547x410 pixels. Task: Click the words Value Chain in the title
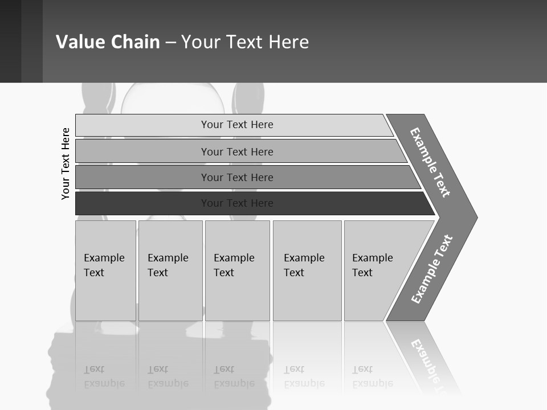pyautogui.click(x=108, y=42)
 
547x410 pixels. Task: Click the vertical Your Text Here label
pyautogui.click(x=66, y=164)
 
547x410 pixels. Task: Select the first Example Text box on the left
pyautogui.click(x=105, y=270)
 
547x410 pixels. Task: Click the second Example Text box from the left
pyautogui.click(x=170, y=270)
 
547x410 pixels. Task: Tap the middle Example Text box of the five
pyautogui.click(x=237, y=270)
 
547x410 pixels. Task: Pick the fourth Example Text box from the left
pyautogui.click(x=307, y=270)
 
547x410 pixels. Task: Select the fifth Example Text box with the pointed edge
pyautogui.click(x=376, y=270)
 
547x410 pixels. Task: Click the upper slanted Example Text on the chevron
pyautogui.click(x=430, y=162)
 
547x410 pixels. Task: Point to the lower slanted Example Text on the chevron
pyautogui.click(x=432, y=269)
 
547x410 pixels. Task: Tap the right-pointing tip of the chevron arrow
pyautogui.click(x=474, y=217)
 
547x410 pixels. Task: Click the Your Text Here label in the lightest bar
pyautogui.click(x=237, y=125)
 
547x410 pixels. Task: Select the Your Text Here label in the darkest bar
pyautogui.click(x=237, y=203)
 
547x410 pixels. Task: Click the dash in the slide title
pyautogui.click(x=170, y=43)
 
